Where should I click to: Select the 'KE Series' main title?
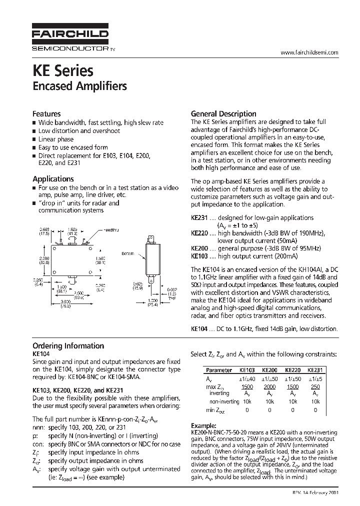pyautogui.click(x=62, y=70)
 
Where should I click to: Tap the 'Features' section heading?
pyautogui.click(x=46, y=113)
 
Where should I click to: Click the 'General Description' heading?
pyautogui.click(x=223, y=113)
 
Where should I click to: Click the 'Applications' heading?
pyautogui.click(x=53, y=178)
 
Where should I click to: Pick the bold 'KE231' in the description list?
pyautogui.click(x=199, y=218)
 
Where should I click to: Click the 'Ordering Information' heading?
pyautogui.click(x=68, y=345)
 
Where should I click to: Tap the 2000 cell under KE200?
pyautogui.click(x=269, y=387)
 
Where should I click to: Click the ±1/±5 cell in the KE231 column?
pyautogui.click(x=315, y=379)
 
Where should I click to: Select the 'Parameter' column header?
pyautogui.click(x=219, y=370)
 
